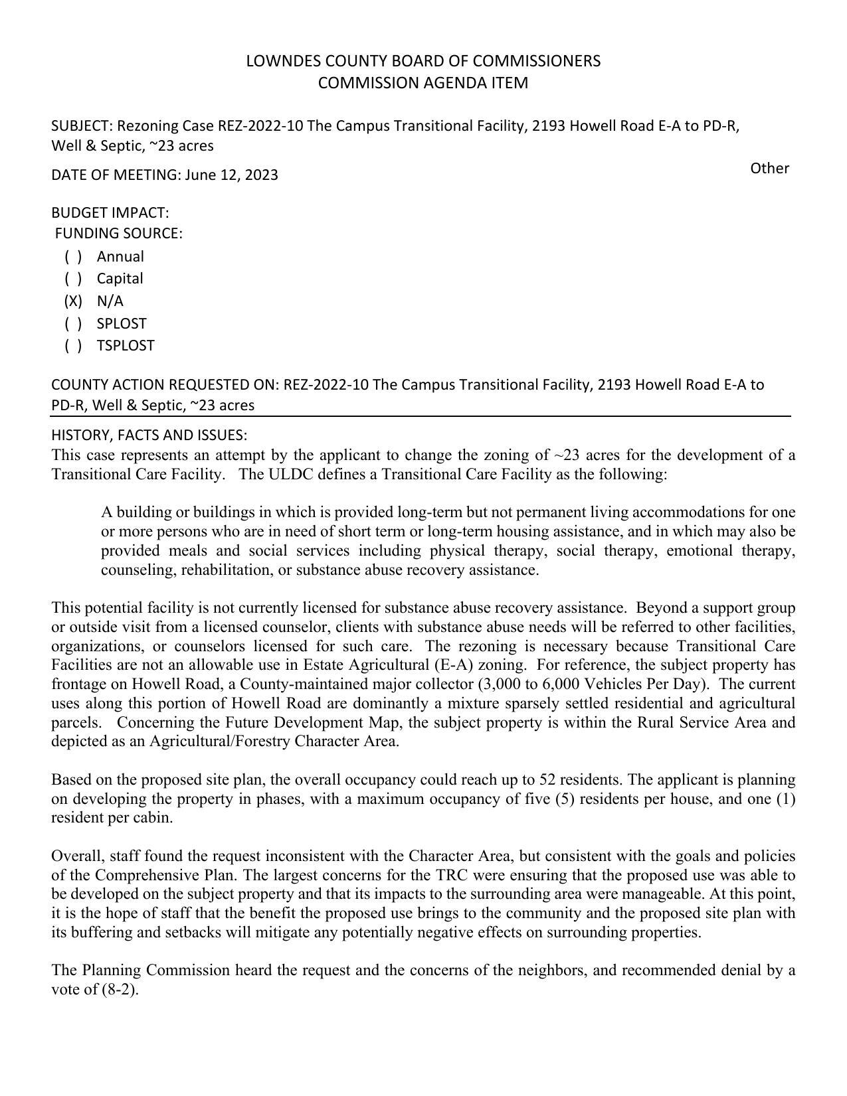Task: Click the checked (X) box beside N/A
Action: [73, 301]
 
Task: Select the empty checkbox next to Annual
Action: [73, 257]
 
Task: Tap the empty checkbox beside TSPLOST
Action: [73, 346]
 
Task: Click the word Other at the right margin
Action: [769, 169]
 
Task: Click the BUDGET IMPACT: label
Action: [110, 213]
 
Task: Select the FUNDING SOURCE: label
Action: [118, 234]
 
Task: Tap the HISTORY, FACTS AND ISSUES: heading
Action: [149, 435]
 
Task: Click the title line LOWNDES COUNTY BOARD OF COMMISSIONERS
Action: [423, 61]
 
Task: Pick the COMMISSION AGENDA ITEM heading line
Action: [423, 83]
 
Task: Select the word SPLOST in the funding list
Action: [122, 324]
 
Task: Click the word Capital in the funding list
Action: [120, 279]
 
